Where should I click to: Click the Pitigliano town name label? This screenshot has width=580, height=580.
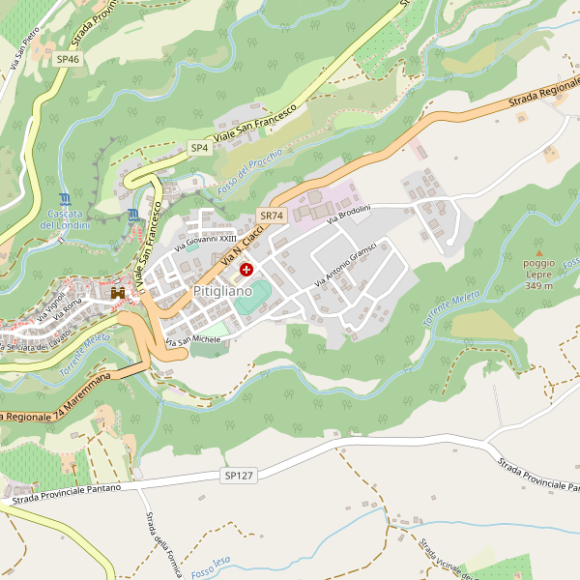pos(221,290)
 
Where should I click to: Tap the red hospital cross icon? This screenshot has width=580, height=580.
pos(246,269)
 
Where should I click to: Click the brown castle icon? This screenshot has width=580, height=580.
pos(119,291)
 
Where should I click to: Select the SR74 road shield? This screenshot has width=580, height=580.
pos(271,216)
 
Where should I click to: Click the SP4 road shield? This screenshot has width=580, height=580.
pos(199,148)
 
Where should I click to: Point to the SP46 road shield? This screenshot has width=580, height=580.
pos(68,59)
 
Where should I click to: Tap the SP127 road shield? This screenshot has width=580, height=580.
pos(238,476)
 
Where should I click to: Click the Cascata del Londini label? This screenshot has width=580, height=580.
pos(65,219)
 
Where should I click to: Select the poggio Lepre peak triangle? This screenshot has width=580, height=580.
pos(539,252)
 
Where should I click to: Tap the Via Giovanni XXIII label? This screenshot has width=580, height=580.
pos(205,242)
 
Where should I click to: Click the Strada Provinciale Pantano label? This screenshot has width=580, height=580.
pos(66,493)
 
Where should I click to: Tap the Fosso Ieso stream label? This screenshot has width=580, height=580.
pos(210,567)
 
